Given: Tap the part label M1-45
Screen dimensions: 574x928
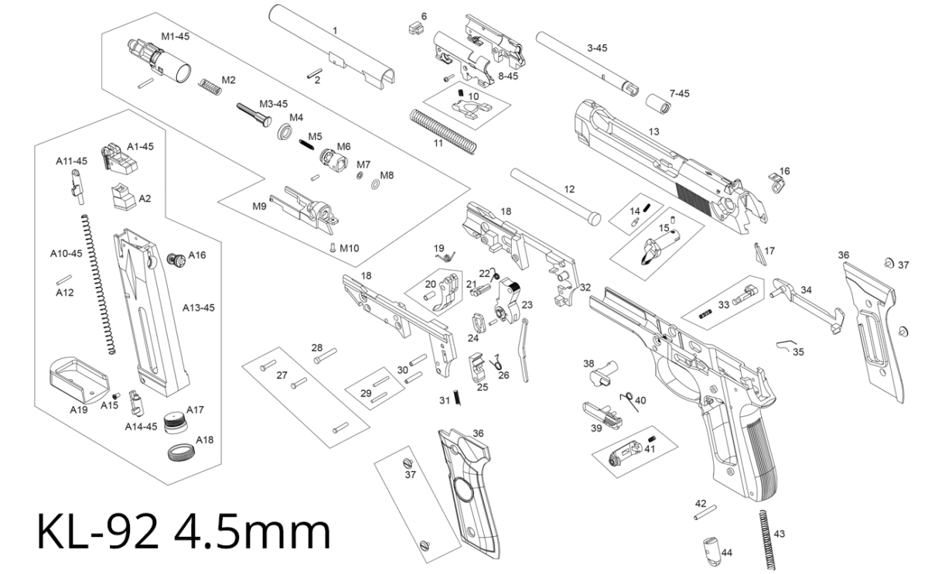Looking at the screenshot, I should (176, 36).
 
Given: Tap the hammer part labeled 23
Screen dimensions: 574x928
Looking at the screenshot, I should (510, 301).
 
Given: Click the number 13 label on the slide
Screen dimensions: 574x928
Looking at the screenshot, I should (654, 132).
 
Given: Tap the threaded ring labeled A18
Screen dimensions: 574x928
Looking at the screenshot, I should (180, 452).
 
